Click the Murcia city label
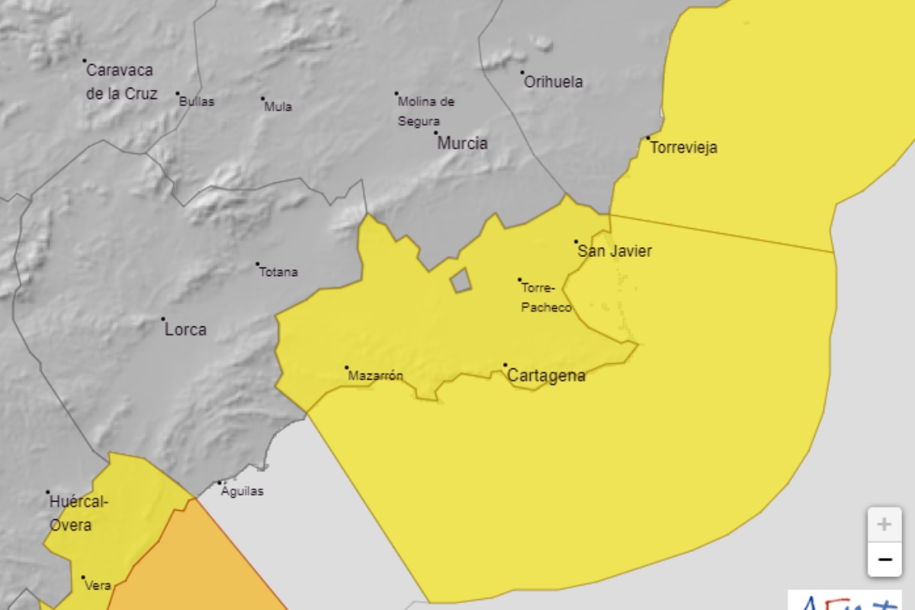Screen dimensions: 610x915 coord(462,143)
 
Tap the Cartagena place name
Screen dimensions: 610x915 coord(546,375)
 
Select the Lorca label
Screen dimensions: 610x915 coord(185,330)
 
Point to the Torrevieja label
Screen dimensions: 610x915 coord(683,148)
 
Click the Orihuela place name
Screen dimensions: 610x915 coord(554,82)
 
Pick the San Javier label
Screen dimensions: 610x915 coord(615,251)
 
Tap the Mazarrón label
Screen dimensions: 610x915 coord(375,375)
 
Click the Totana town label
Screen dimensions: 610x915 coord(278,272)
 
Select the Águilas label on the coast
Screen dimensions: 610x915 coord(242,491)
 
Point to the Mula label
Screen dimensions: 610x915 coord(278,107)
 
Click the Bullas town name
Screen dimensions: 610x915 coord(196,101)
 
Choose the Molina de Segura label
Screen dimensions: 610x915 coord(425,111)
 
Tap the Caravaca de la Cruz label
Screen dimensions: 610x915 coord(120,82)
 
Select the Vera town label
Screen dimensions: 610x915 coord(98,586)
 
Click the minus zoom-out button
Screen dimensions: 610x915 coord(884,560)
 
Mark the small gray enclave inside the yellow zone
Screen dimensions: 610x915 coord(461,281)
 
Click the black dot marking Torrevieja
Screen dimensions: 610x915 coord(648,138)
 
